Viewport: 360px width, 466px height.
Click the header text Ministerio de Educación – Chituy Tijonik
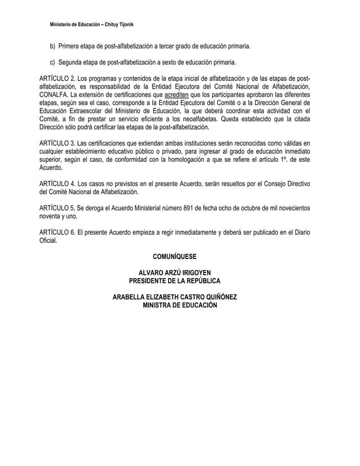91,27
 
